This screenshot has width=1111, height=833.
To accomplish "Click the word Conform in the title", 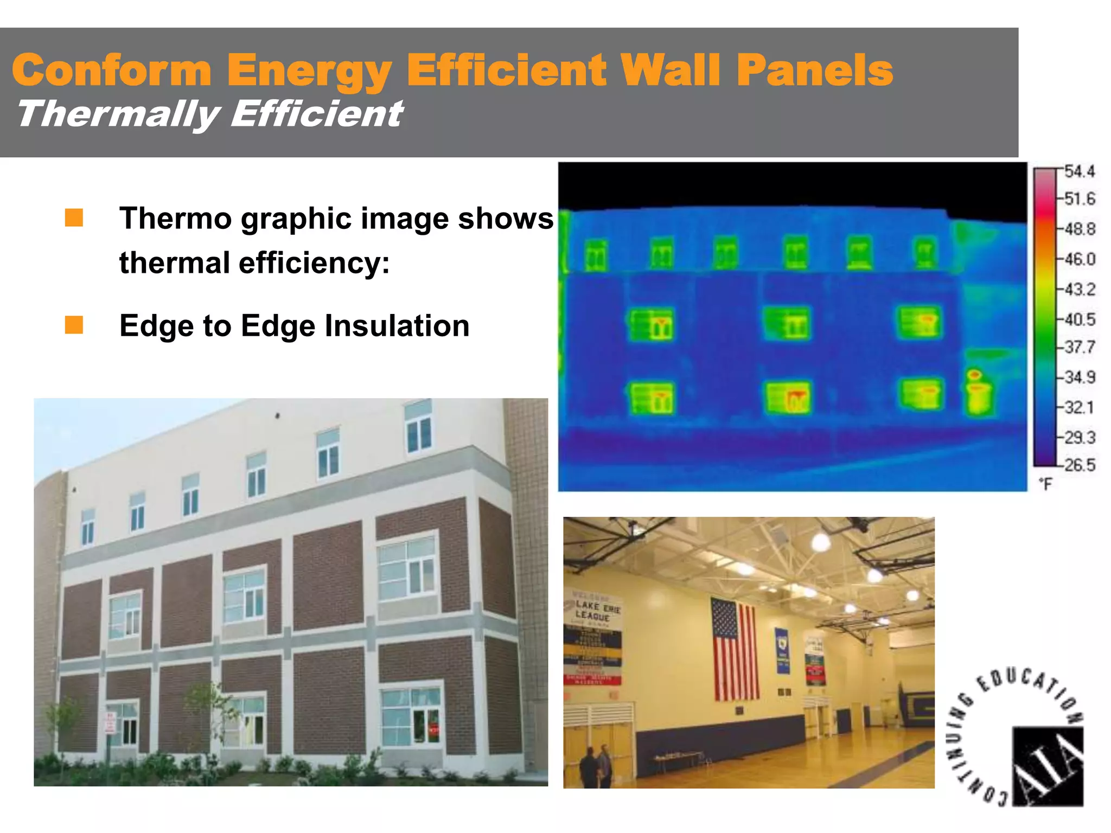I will tap(111, 71).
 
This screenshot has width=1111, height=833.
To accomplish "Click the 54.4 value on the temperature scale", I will tap(1079, 172).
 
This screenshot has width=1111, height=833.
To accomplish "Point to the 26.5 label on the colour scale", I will tap(1079, 465).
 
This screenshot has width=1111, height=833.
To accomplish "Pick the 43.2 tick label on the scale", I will tap(1079, 289).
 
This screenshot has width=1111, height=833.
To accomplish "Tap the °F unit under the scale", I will tap(1045, 484).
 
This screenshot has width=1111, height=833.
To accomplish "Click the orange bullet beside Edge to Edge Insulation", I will tap(74, 325).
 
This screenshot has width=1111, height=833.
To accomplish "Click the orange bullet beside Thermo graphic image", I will tap(74, 218).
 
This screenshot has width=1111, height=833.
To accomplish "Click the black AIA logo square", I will tap(1048, 766).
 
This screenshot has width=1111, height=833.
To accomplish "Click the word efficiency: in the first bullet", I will tap(315, 263).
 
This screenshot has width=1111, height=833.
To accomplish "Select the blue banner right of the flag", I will tap(783, 650).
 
